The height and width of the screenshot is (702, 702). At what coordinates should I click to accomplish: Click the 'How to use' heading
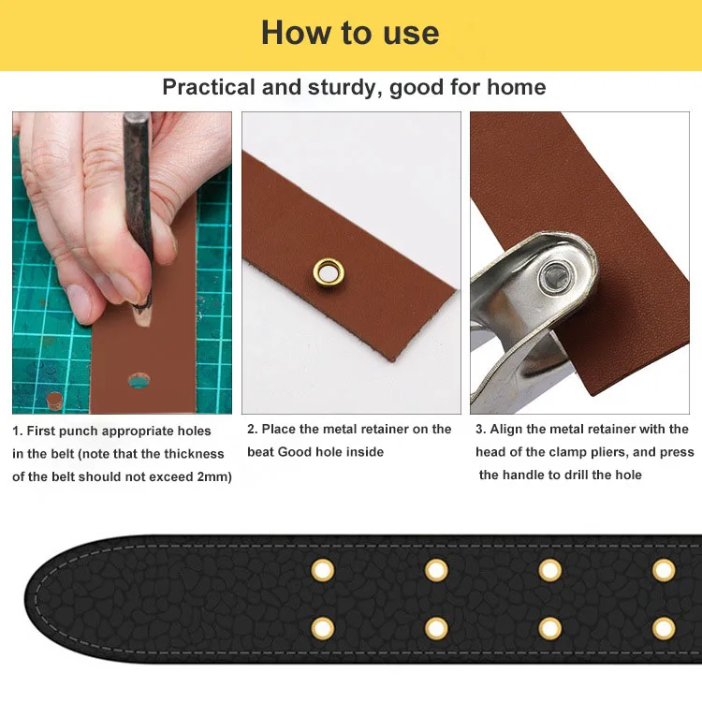coord(350,33)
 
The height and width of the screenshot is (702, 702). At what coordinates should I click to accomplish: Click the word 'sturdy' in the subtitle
coord(344,88)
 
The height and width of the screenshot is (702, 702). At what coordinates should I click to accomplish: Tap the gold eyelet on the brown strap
coord(329,271)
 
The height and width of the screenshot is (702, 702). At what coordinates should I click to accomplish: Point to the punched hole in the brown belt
coord(139,381)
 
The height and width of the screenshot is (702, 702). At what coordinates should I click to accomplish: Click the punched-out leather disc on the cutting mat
coord(54,401)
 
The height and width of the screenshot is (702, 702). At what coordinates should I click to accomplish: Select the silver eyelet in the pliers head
coord(556,274)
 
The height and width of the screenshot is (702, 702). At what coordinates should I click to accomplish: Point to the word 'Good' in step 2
coord(293,452)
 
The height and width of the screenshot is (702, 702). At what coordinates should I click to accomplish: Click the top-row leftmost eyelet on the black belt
coord(322,570)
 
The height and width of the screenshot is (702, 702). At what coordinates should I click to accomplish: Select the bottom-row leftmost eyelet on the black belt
coord(322,629)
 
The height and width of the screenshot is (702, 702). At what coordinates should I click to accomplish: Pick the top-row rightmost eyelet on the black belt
coord(664,571)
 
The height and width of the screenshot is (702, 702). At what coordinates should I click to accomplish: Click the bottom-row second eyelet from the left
coord(436,629)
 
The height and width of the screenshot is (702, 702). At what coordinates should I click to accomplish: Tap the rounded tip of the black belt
coord(28,599)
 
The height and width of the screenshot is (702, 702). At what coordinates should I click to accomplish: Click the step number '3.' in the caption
coord(481,430)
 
